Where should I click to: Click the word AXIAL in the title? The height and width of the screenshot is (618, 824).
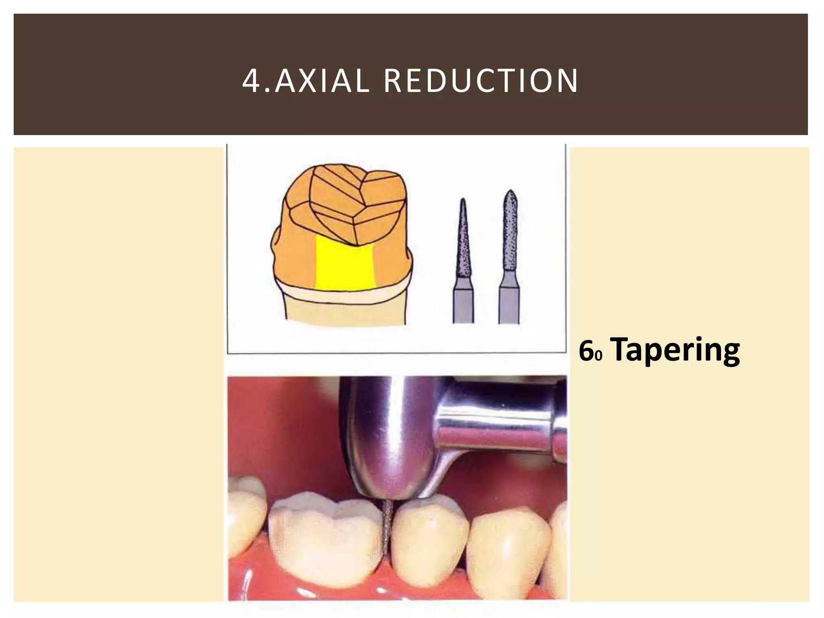click(x=322, y=81)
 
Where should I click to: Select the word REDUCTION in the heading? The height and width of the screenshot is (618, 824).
click(x=481, y=81)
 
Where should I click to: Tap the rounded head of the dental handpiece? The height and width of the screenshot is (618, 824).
click(x=386, y=435)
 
